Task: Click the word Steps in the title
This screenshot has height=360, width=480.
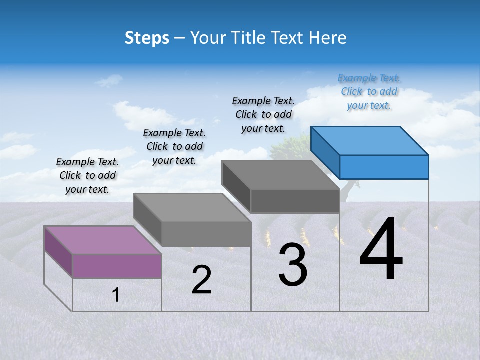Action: pos(147,38)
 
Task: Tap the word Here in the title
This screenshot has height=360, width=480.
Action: pos(327,38)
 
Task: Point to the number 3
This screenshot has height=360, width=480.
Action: pos(293,265)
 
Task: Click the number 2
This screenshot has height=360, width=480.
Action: pos(202,280)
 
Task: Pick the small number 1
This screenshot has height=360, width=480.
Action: pos(116,295)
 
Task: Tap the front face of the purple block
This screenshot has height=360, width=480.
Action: pos(117,266)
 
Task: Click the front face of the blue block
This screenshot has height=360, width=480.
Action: pos(384,167)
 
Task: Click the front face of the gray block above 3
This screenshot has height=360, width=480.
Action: pos(295,201)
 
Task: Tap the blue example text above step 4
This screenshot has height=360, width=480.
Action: pos(369,92)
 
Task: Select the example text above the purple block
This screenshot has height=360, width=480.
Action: pos(87,175)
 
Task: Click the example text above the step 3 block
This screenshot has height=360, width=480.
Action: pos(263,114)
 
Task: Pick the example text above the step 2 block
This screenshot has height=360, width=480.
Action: pos(174,146)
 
